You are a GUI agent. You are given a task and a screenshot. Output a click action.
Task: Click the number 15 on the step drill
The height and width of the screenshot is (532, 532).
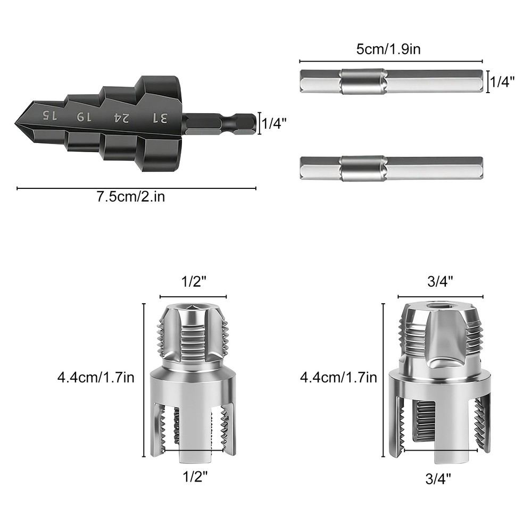[x=49, y=115]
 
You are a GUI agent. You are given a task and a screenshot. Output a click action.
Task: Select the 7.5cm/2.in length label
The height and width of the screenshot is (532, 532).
[x=131, y=197]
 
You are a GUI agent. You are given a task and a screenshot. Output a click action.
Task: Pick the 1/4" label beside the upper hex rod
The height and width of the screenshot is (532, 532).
[x=502, y=82]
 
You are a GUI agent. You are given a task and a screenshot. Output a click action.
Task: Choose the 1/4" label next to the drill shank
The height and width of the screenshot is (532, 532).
[x=274, y=123]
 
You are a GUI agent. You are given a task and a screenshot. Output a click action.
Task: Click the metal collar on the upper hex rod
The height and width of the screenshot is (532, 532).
[x=363, y=82]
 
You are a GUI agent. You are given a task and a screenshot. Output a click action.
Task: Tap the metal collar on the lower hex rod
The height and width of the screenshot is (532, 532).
[x=363, y=169]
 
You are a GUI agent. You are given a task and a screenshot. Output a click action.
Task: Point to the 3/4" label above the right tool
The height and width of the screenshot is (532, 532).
[x=440, y=282]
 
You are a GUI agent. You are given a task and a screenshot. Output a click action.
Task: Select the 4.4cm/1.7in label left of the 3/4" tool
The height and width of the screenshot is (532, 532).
[x=339, y=378]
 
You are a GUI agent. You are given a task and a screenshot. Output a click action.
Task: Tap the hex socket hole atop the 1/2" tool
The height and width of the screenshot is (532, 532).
[x=194, y=307]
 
